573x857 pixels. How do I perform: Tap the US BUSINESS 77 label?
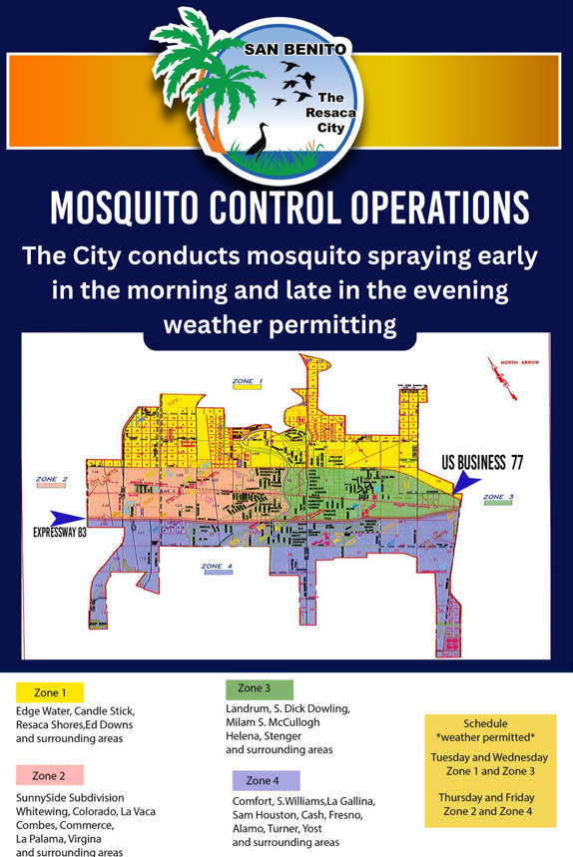(x=482, y=462)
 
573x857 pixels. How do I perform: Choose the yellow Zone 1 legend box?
(x=50, y=692)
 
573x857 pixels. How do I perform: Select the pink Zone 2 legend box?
(x=50, y=775)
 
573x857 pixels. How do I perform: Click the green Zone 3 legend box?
(x=259, y=688)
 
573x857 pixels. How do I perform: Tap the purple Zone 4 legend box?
(x=266, y=780)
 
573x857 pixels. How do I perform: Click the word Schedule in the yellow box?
(x=486, y=723)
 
